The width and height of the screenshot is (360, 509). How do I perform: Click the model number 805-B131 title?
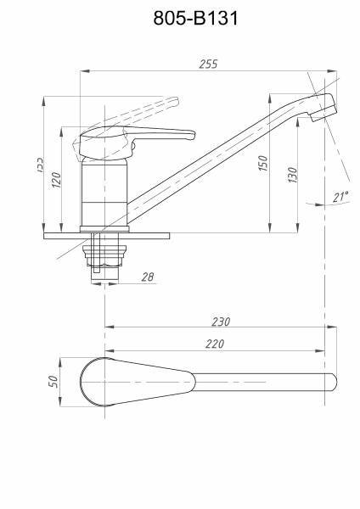179,18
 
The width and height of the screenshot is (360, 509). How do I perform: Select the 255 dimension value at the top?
207,64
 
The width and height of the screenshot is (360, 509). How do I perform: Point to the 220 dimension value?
216,345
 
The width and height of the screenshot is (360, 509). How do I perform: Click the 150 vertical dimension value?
263,164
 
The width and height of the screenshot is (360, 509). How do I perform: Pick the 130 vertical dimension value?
292,176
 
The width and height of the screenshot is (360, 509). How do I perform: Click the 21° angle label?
340,197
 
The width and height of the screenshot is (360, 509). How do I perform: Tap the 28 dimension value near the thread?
148,276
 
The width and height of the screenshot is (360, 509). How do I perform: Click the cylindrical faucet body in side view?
104,191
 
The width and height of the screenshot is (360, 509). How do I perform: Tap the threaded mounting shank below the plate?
104,254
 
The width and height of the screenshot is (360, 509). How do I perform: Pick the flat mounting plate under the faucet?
104,231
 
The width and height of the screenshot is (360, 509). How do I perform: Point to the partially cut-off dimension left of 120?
40,165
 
